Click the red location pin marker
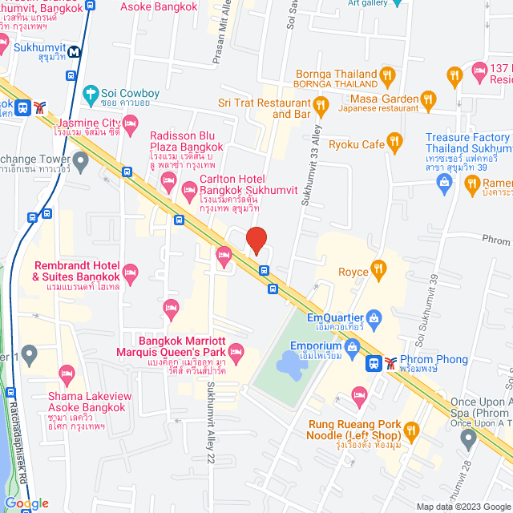pyautogui.click(x=256, y=240)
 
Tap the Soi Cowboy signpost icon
pyautogui.click(x=90, y=94)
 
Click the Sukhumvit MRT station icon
pyautogui.click(x=75, y=51)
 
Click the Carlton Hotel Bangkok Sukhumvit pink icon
pyautogui.click(x=190, y=191)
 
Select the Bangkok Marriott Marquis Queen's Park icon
pyautogui.click(x=236, y=352)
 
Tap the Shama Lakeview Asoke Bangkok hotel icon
pyautogui.click(x=67, y=373)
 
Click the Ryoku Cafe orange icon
pyautogui.click(x=394, y=143)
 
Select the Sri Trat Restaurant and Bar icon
pyautogui.click(x=321, y=104)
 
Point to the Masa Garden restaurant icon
pyautogui.click(x=428, y=99)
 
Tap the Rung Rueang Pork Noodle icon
pyautogui.click(x=412, y=433)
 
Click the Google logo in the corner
pyautogui.click(x=26, y=503)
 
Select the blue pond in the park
pyautogui.click(x=291, y=366)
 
